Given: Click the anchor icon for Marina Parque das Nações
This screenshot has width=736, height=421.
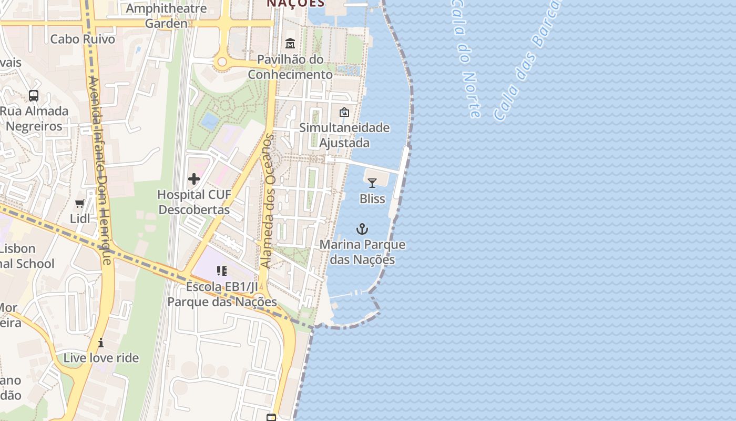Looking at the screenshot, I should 362,229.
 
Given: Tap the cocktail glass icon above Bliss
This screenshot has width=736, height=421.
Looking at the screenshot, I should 372,183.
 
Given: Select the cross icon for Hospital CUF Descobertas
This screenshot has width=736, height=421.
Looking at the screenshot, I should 194,179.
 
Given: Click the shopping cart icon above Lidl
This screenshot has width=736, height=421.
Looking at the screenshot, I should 80,203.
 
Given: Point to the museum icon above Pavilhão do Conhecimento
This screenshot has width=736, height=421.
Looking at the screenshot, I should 290,43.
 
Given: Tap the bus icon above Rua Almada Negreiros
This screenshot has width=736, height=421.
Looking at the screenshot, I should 34,96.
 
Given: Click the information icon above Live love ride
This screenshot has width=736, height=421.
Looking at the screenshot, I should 101,343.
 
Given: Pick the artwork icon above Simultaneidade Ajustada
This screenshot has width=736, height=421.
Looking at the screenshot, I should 344,112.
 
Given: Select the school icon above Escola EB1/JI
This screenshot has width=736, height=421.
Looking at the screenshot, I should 222,271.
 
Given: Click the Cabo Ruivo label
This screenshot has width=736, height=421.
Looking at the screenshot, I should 83,39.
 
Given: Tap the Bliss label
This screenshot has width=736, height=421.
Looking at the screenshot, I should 372,198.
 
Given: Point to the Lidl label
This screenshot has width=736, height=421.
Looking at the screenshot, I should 80,218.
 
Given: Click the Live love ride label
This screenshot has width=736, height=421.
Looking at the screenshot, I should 101,358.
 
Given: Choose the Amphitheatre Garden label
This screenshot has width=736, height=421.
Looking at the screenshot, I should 166,16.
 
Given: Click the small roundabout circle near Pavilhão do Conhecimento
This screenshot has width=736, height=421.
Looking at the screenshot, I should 222,62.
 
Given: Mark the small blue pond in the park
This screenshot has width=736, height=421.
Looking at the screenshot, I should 210,121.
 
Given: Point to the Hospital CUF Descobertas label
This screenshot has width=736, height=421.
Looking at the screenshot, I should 194,202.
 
